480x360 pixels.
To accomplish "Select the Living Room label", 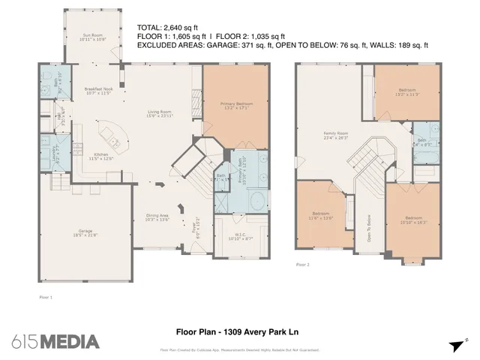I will [x=159, y=114].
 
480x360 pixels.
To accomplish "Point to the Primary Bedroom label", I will [x=235, y=105].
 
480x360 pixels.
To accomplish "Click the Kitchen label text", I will [x=100, y=155].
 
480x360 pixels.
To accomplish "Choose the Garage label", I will [x=85, y=232].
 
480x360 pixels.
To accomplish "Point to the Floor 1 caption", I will [x=46, y=298].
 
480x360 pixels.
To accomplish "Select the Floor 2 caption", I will [x=302, y=265].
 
